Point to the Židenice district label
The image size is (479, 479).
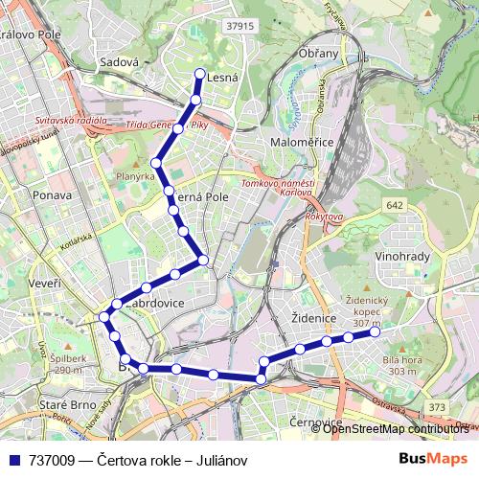pyautogui.click(x=315, y=316)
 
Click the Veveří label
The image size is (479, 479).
pyautogui.click(x=44, y=284)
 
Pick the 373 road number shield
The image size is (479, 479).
pyautogui.click(x=438, y=407)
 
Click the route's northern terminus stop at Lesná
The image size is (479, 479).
pyautogui.click(x=199, y=74)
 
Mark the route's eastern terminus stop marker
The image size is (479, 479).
pyautogui.click(x=373, y=332)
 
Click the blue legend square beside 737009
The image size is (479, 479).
pyautogui.click(x=11, y=459)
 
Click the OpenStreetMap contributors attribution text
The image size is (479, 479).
pyautogui.click(x=399, y=428)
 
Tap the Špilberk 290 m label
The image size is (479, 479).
pyautogui.click(x=55, y=365)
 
